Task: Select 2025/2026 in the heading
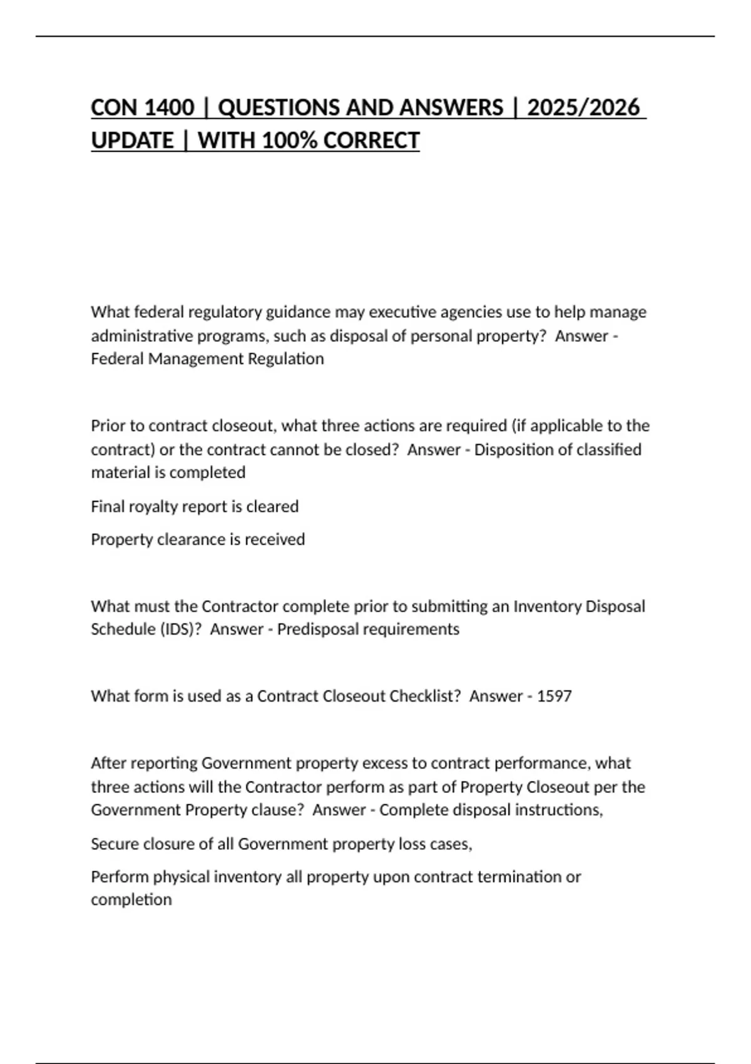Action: (583, 108)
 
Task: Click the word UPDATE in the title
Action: (132, 140)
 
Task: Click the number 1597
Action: (554, 696)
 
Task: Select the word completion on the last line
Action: (131, 899)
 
